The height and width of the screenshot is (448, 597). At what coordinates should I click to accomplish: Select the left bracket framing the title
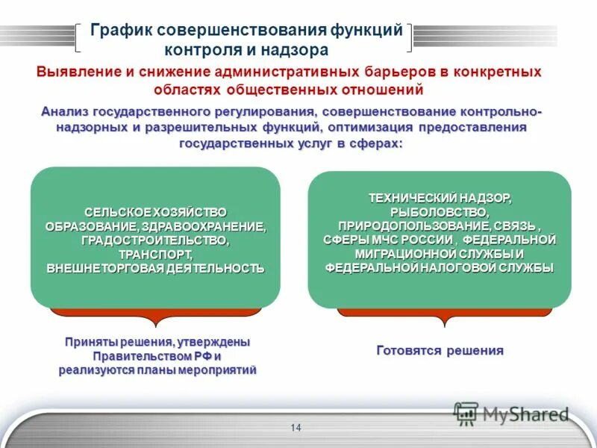click(80, 37)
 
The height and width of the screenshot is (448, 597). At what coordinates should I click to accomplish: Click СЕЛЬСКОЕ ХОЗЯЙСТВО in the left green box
click(154, 213)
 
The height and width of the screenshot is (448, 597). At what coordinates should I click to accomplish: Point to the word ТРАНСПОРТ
click(154, 254)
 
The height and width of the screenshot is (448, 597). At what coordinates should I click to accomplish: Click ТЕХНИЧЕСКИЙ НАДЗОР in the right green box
click(440, 198)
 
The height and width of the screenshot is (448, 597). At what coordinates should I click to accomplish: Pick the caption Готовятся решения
click(440, 350)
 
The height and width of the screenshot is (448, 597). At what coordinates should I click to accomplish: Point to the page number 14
click(296, 428)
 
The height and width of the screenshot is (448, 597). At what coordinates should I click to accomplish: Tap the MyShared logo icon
click(466, 413)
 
